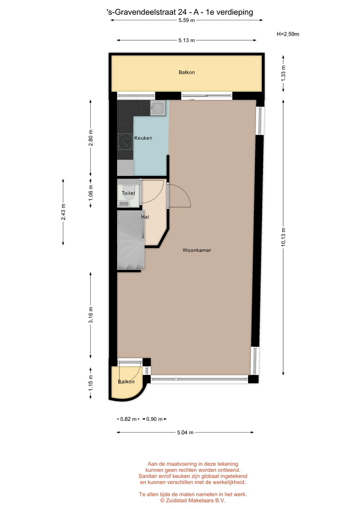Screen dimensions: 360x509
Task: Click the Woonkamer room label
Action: coord(197,250)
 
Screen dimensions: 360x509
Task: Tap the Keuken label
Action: coord(143,138)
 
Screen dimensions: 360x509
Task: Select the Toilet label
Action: coord(128,193)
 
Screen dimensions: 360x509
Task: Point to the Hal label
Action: coord(145,217)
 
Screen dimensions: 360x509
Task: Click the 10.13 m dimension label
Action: coord(284,237)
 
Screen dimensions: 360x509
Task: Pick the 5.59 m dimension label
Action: coord(187,20)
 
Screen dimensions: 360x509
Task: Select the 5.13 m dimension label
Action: coord(187,40)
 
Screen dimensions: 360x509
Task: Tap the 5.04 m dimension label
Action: coord(186,433)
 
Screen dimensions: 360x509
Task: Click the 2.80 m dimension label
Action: coord(91,138)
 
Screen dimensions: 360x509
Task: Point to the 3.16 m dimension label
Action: coord(91,315)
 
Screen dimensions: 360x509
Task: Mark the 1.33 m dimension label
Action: coord(284,73)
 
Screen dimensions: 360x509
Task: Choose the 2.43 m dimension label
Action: coord(63,212)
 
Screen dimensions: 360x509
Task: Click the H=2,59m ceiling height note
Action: coord(288,34)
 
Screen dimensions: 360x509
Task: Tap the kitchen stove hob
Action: coord(125,142)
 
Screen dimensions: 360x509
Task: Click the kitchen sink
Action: coord(158,108)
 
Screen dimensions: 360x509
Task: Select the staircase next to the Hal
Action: coord(131,240)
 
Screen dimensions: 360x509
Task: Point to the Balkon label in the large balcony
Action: coord(187,73)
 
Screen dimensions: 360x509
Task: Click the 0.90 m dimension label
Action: coord(154,419)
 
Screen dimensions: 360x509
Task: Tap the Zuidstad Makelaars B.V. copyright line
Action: coord(193,501)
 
